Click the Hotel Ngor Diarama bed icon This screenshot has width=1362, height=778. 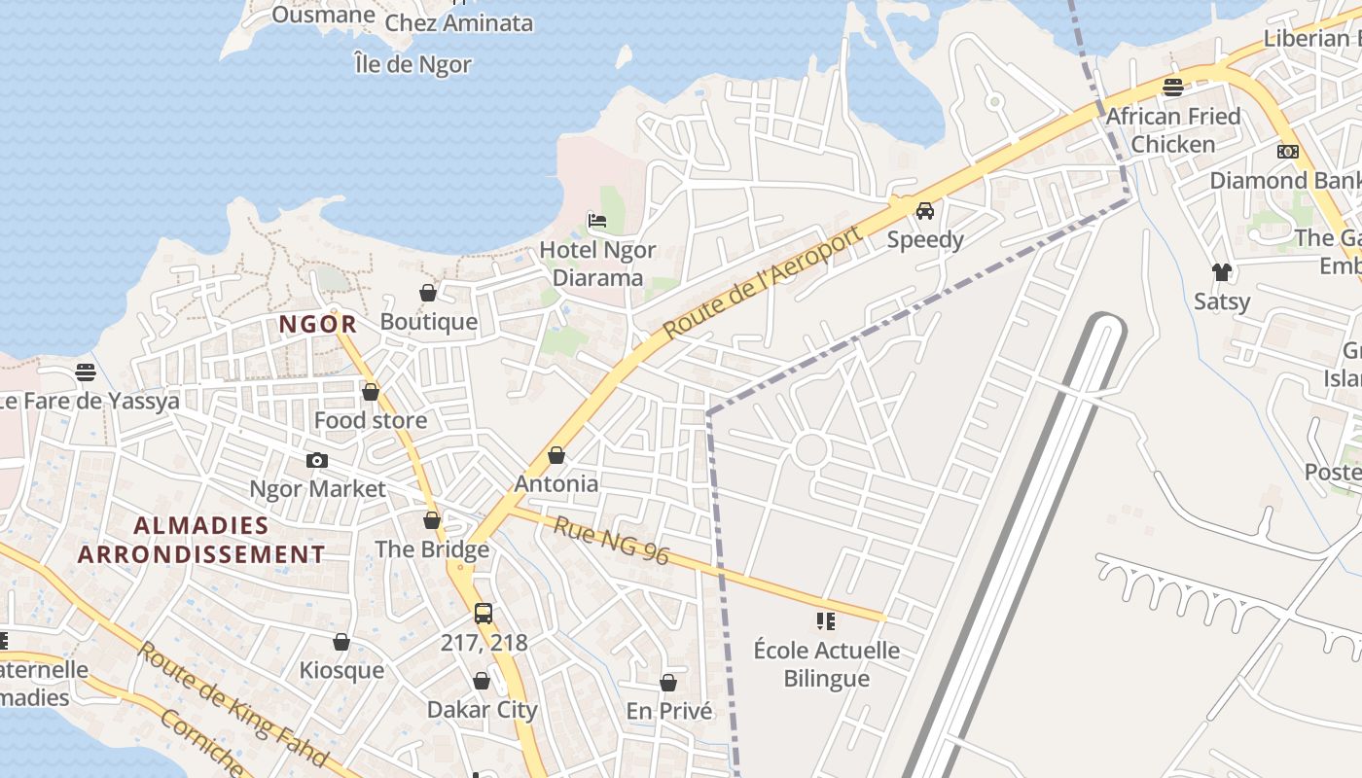[x=596, y=221]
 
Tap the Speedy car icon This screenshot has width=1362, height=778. [x=924, y=210]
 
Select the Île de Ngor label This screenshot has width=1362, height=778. [x=413, y=65]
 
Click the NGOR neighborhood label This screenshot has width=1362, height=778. [x=318, y=325]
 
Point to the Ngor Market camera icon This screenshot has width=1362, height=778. [x=316, y=460]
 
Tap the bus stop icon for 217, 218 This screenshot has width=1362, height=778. [x=483, y=614]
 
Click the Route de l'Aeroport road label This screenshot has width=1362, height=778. [x=764, y=282]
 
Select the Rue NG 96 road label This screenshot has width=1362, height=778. [x=612, y=540]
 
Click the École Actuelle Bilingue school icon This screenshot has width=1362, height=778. [x=826, y=620]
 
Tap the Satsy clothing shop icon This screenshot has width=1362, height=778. [x=1221, y=272]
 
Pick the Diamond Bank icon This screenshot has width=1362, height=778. [x=1287, y=152]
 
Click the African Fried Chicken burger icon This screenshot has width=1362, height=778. [x=1172, y=88]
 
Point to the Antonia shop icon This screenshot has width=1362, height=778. [x=556, y=455]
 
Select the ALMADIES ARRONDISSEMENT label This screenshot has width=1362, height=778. [x=201, y=540]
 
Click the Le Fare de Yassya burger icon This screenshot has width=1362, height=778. [x=86, y=372]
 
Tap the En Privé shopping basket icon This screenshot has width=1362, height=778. [x=668, y=683]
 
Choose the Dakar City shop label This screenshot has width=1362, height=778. [x=482, y=710]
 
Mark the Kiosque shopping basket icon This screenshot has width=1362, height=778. [x=341, y=642]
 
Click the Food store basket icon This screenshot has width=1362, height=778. [x=370, y=392]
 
